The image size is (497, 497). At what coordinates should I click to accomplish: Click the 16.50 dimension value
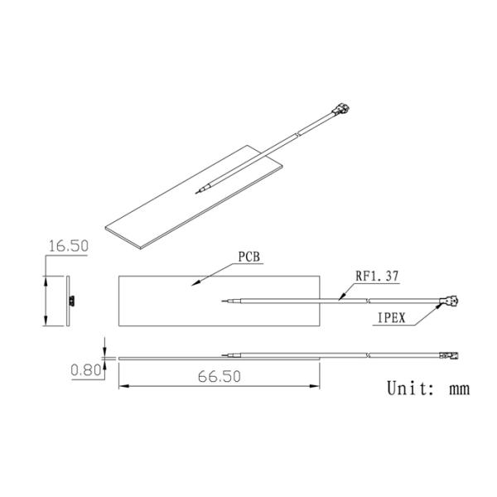click(69, 246)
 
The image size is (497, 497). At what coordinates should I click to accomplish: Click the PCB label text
click(249, 257)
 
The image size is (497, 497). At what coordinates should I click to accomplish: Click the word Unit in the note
click(410, 388)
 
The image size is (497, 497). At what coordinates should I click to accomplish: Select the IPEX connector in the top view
click(451, 300)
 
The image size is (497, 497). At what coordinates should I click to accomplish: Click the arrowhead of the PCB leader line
click(194, 285)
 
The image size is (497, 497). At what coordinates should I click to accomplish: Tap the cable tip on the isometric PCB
click(195, 193)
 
